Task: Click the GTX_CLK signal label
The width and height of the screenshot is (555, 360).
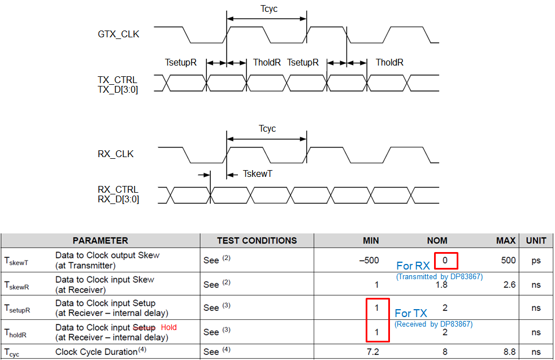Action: (118, 34)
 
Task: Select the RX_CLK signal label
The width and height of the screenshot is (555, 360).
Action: (115, 154)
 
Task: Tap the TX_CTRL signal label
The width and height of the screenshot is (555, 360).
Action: (118, 80)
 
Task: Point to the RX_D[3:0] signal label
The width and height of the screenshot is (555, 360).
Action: (118, 199)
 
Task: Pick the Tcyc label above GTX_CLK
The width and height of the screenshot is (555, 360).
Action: (268, 9)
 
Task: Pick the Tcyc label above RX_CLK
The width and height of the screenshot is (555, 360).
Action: (267, 129)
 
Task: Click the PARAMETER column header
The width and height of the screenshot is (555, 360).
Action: (100, 241)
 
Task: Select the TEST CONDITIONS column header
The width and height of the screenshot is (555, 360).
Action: (250, 241)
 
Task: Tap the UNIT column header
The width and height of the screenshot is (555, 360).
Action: (536, 241)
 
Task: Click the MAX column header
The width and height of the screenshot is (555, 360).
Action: (506, 241)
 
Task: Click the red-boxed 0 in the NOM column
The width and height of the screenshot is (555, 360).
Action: (445, 261)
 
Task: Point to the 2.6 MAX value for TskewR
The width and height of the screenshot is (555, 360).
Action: (509, 284)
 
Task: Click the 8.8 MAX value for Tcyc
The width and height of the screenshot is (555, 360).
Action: (509, 352)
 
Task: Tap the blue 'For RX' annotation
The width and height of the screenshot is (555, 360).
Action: (413, 266)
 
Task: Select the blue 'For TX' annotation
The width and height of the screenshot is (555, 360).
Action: (411, 313)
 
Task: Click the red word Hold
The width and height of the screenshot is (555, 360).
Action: (169, 327)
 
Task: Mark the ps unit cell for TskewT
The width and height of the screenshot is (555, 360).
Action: (536, 261)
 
